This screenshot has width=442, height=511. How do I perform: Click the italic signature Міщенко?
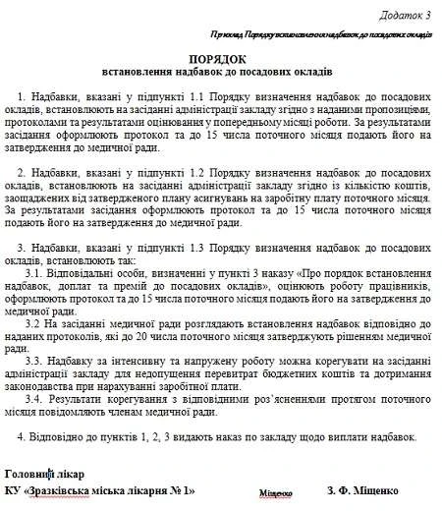277,492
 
